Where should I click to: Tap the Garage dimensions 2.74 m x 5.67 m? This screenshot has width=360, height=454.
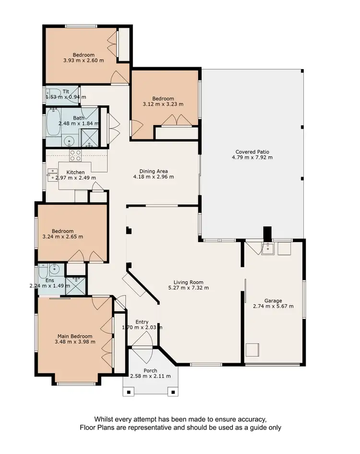coord(273,306)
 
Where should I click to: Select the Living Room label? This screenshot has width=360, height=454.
coord(189,282)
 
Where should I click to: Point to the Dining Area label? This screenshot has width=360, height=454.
coord(153,171)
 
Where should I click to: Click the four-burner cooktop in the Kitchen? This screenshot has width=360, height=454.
coord(75,155)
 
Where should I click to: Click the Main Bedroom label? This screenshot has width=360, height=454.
coord(75,336)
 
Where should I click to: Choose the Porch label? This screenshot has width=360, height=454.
coord(151,370)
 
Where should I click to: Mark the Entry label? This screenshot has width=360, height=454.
coord(142,322)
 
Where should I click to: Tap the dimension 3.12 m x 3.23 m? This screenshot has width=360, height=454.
coord(163,104)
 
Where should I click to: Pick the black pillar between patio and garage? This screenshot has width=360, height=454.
coord(267,233)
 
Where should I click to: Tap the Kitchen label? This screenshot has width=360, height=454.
coord(75,172)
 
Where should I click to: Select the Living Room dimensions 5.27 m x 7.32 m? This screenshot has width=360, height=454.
coord(189,288)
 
